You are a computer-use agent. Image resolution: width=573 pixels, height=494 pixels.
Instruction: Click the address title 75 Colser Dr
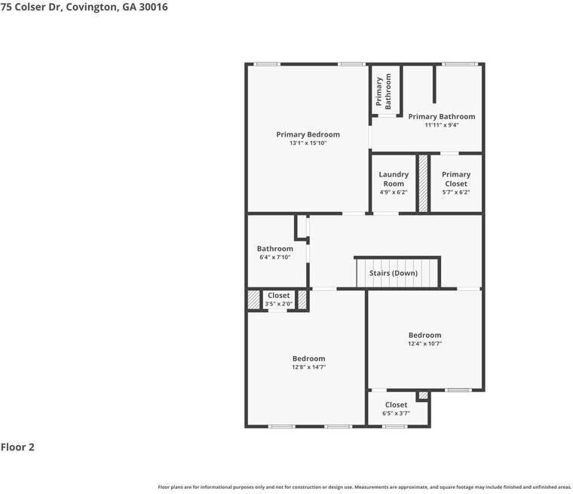point(84,7)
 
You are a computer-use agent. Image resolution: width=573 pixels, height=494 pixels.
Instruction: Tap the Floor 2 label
point(17,447)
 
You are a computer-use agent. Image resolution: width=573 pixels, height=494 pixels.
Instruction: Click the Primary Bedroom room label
point(308,134)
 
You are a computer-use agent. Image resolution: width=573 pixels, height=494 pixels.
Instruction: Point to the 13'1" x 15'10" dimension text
point(308,143)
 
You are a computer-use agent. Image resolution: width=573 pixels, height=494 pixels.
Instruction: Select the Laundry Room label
point(394,179)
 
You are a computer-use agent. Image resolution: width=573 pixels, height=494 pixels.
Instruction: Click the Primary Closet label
point(456,179)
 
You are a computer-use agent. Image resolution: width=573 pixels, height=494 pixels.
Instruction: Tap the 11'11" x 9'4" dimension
point(442,125)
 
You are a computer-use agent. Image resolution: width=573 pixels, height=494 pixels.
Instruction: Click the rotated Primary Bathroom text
point(385,91)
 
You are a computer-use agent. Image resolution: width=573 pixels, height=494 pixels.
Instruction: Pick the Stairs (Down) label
point(393,273)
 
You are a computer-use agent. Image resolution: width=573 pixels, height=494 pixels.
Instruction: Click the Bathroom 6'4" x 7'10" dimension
point(274,257)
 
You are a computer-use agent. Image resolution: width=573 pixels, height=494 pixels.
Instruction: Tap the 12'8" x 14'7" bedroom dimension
point(309,367)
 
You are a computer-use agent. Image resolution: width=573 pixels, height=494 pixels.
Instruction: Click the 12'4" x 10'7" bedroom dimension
point(425,344)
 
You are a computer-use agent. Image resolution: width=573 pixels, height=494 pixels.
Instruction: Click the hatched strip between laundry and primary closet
point(424,183)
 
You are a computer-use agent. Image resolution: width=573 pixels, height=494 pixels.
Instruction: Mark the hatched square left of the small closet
point(253,299)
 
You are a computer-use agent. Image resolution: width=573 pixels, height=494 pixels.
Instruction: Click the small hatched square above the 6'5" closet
point(423,395)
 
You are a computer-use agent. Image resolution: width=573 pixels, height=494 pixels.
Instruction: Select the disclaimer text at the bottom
point(365,486)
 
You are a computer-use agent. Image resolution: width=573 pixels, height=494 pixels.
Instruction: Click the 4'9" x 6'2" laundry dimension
point(394,192)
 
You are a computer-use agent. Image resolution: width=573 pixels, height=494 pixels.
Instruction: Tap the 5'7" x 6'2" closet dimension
point(456,192)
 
